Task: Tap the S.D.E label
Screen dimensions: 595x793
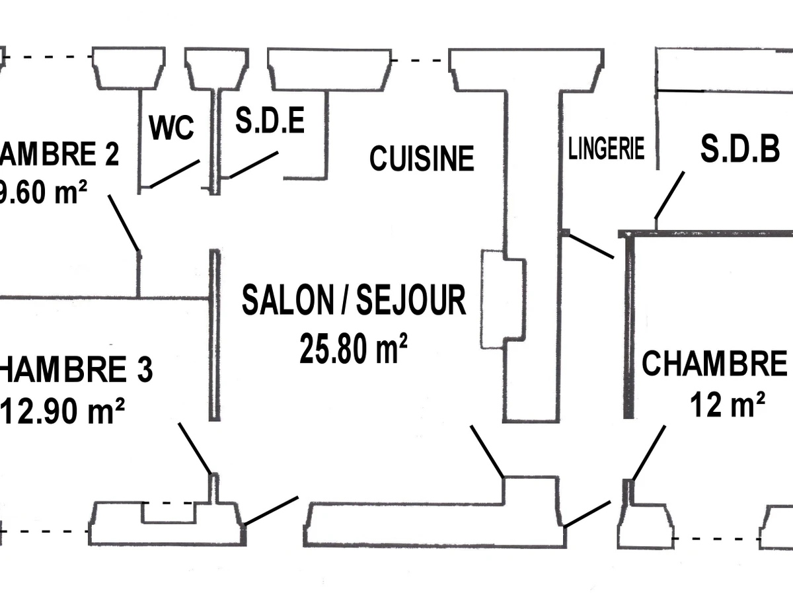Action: (270, 122)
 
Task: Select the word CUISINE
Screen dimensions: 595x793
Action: (422, 159)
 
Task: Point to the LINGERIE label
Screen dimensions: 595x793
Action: (606, 149)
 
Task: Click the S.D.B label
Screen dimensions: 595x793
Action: (740, 150)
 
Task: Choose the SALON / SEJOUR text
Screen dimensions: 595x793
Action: (354, 300)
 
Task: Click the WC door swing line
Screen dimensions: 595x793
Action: (175, 174)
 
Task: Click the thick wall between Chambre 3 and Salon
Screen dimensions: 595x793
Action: (214, 335)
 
